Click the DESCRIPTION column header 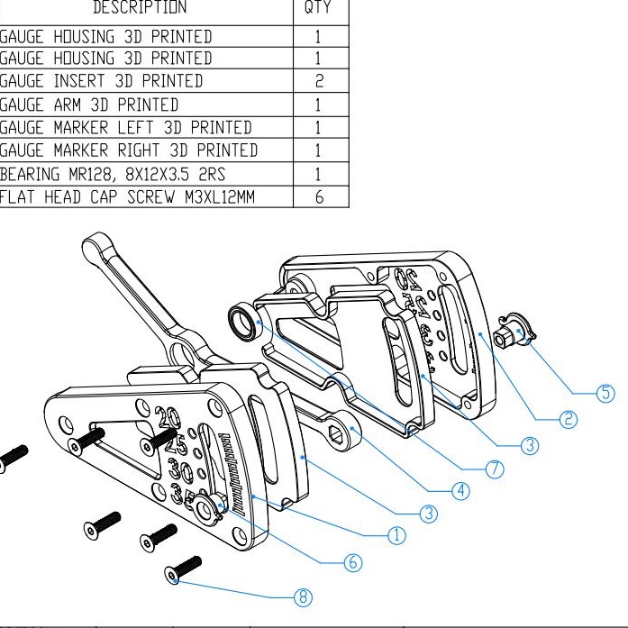tap(140, 8)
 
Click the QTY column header tap(318, 8)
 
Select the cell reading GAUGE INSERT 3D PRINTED tap(101, 81)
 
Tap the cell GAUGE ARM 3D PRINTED tap(89, 105)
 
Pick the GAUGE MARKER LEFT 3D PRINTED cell tap(125, 128)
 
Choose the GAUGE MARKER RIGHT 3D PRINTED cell tap(129, 150)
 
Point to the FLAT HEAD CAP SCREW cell tap(126, 196)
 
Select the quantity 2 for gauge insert tap(318, 81)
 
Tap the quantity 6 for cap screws tap(318, 196)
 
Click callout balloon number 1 tap(396, 535)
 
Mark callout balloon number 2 tap(569, 418)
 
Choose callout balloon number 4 tap(460, 491)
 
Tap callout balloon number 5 tap(606, 393)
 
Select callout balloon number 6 tap(352, 562)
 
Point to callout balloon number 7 tap(495, 469)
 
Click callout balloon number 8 tap(304, 596)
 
